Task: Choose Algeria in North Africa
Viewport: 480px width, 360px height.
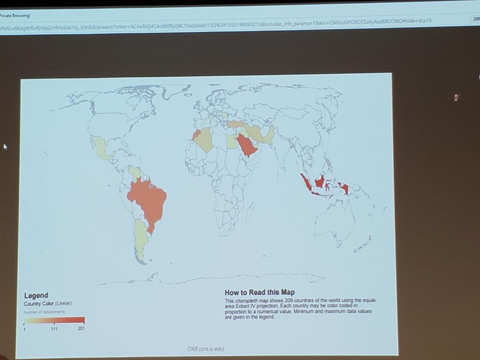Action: (205, 140)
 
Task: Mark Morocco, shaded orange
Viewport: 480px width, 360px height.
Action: (196, 135)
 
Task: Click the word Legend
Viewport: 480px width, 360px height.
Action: (36, 295)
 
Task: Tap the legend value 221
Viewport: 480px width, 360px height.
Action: (82, 329)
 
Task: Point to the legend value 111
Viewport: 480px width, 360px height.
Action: (54, 329)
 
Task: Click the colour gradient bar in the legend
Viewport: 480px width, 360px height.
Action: (54, 321)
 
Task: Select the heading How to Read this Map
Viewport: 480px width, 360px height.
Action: (259, 292)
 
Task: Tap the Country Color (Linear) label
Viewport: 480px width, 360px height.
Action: (47, 304)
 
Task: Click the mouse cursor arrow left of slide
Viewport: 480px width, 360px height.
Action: (5, 147)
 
